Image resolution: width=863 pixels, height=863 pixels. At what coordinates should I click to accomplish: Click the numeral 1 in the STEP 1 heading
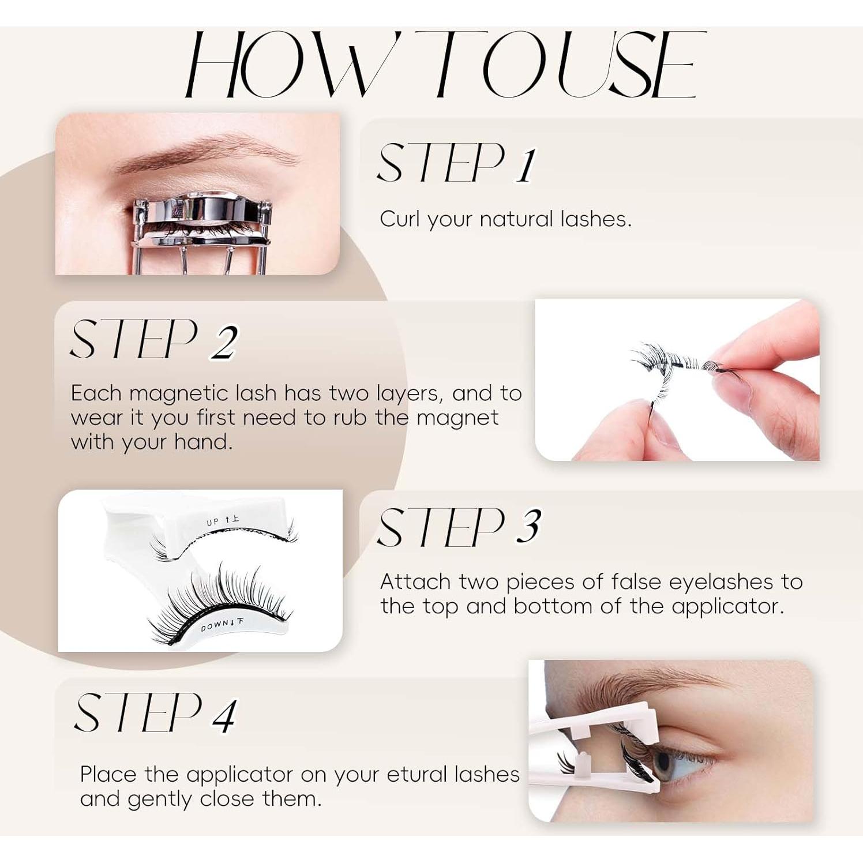coord(524,165)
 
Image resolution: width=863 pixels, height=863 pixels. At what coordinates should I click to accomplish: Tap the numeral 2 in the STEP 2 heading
coord(223,343)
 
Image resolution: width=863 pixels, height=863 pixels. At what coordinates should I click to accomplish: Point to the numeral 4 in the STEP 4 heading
coord(224,715)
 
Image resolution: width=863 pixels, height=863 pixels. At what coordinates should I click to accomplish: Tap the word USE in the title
coord(628,65)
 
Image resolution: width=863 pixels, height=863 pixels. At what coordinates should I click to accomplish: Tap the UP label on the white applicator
coord(213,522)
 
